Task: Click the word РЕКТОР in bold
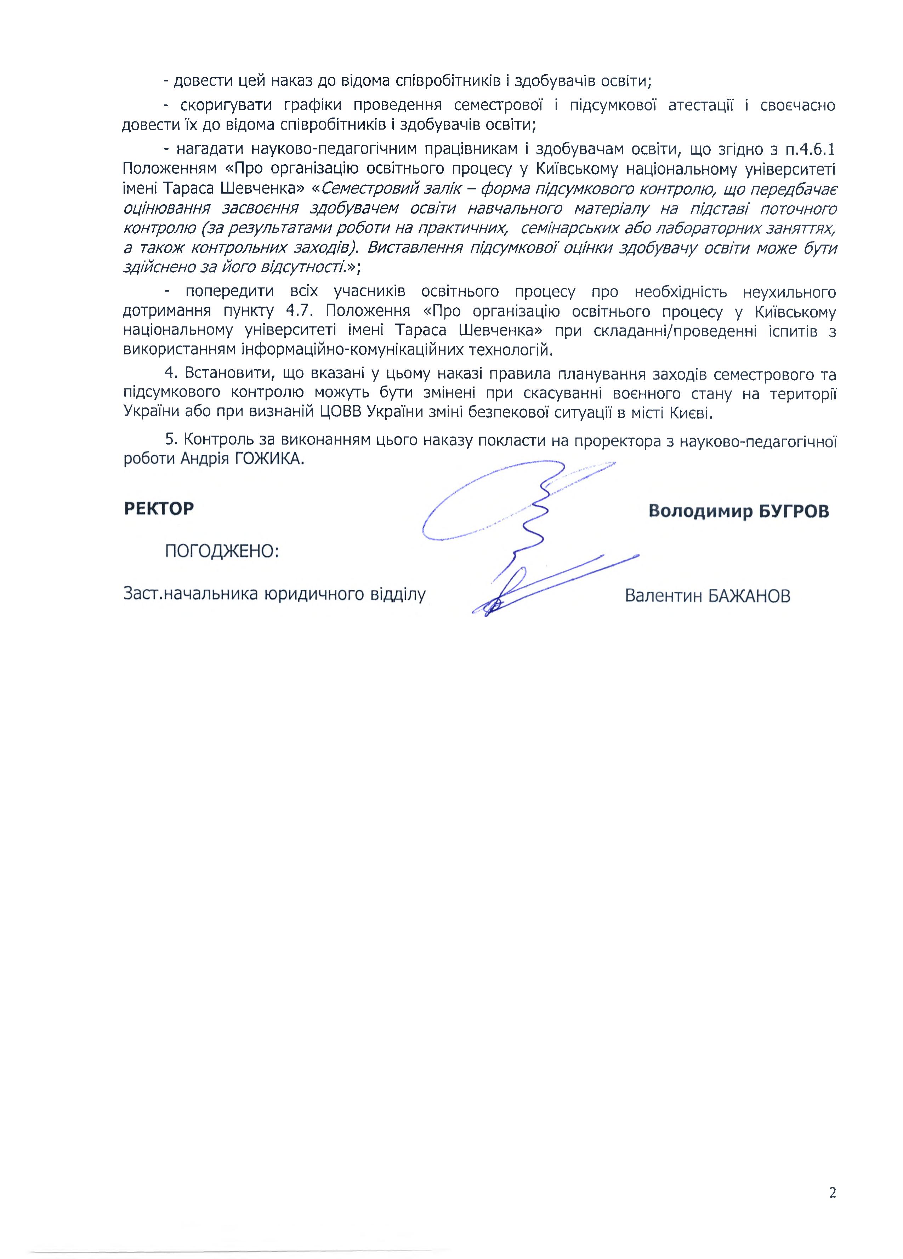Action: [x=159, y=508]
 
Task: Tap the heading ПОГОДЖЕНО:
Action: [x=222, y=551]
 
